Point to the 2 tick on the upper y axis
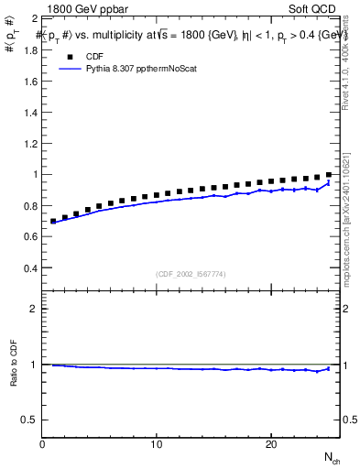[x=34, y=18]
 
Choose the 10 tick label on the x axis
[x=157, y=444]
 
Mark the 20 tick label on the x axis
[x=271, y=444]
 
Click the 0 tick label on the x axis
[x=42, y=444]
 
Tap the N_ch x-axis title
[x=332, y=457]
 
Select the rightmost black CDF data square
[x=329, y=174]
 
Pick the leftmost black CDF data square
[x=53, y=221]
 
